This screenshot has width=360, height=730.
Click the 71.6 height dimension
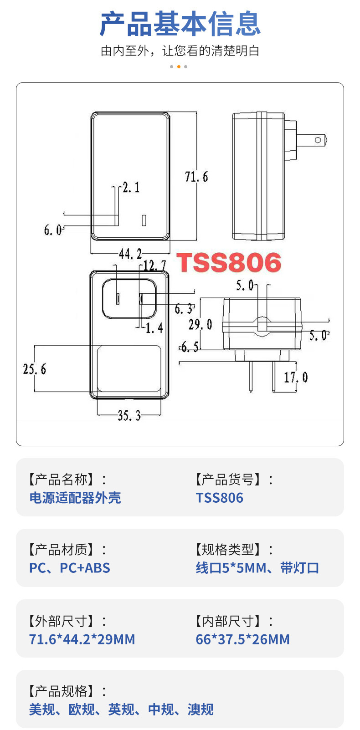(196, 176)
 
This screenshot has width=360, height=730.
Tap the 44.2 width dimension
(130, 254)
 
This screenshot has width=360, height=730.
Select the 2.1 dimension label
(131, 187)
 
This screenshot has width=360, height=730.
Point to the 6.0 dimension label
(52, 230)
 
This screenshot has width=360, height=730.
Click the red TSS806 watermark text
(229, 263)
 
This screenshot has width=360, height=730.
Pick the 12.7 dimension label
(154, 265)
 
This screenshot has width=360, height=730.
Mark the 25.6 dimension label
(35, 369)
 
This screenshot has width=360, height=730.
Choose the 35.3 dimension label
(129, 415)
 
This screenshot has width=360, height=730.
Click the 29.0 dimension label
(200, 325)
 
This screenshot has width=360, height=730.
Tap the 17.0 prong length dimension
(296, 378)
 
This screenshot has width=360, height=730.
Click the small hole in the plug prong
(318, 140)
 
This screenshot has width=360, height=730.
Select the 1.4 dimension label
(154, 328)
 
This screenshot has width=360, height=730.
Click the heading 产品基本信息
(180, 24)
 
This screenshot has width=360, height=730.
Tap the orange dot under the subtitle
(179, 67)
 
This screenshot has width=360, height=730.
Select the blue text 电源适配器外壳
(75, 498)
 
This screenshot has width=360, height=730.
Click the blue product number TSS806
(220, 498)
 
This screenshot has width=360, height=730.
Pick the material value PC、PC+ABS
(70, 568)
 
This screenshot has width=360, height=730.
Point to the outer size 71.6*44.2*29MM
(82, 639)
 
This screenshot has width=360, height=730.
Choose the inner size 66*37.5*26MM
(242, 639)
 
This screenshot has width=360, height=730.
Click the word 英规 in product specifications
(121, 710)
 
